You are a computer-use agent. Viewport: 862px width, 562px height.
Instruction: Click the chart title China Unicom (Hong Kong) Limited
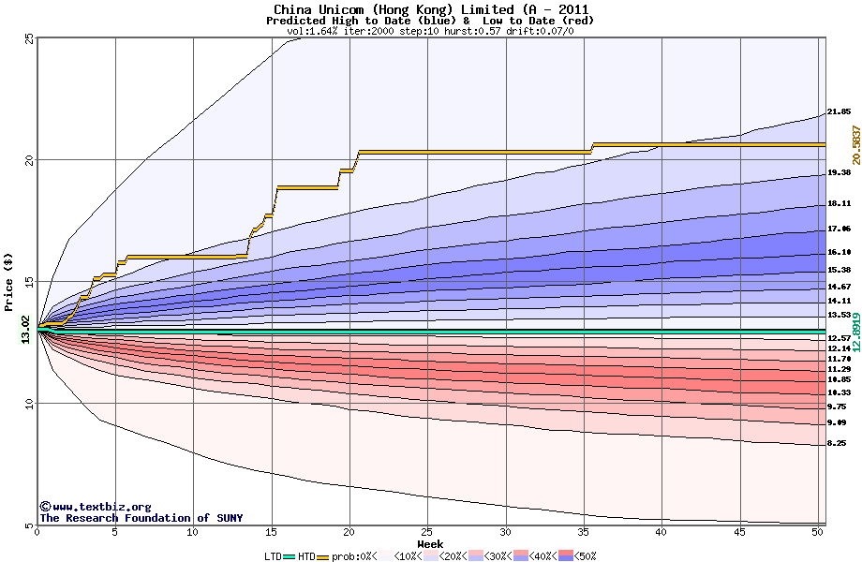click(431, 8)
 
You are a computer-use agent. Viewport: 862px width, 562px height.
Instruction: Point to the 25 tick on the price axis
click(29, 38)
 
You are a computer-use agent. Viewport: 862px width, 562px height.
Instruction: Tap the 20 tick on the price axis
click(29, 160)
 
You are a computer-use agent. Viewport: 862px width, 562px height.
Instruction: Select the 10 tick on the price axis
click(29, 404)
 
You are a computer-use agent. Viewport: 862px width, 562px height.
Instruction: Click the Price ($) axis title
click(9, 281)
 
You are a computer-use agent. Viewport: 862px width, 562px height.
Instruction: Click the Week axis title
click(430, 543)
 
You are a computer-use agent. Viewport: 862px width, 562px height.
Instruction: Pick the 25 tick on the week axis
click(427, 532)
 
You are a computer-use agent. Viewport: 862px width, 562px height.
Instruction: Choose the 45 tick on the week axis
click(740, 532)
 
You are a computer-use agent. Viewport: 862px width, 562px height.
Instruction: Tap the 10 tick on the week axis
click(193, 532)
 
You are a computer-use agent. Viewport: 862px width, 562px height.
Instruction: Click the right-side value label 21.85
click(839, 111)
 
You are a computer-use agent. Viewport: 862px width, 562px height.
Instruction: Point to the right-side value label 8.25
click(839, 443)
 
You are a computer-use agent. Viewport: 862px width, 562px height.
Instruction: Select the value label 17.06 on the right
click(839, 229)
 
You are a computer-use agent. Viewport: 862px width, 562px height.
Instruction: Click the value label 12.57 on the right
click(839, 338)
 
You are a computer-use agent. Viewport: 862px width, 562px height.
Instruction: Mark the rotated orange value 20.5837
click(855, 145)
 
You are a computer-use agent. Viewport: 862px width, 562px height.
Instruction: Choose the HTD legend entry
click(317, 555)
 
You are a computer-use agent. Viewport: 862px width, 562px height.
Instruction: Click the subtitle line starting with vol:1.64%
click(430, 31)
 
